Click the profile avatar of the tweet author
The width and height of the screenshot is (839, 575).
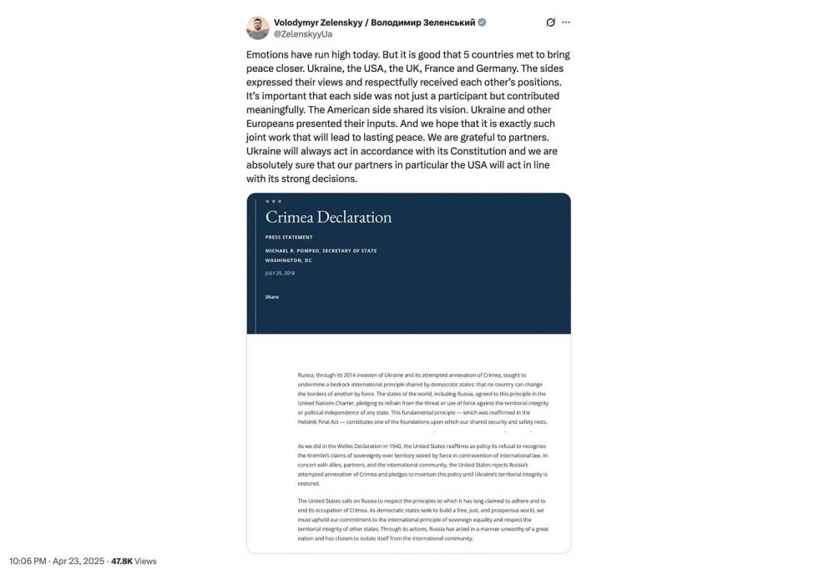click(257, 28)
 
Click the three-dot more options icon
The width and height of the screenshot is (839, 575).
click(566, 23)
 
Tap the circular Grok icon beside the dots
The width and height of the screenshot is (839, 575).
click(549, 23)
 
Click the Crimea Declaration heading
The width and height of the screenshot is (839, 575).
click(328, 217)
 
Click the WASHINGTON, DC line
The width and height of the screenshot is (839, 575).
click(289, 260)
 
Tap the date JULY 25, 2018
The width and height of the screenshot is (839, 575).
click(280, 273)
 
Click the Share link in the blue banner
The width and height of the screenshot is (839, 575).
click(272, 297)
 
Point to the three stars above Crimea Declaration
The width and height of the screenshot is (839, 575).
click(273, 201)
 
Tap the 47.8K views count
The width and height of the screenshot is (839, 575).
click(124, 561)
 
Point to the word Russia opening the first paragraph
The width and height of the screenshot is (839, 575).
click(306, 376)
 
